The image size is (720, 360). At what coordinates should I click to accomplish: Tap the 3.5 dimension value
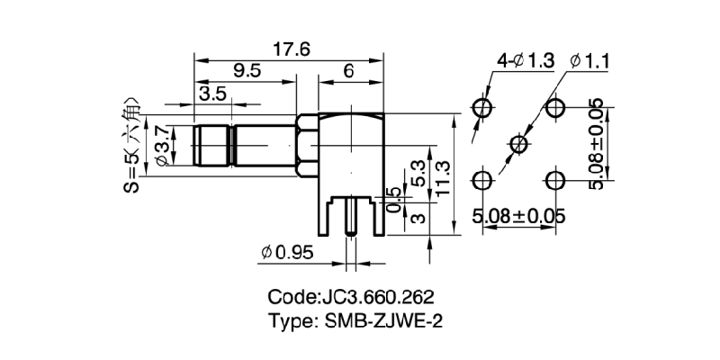[213, 94]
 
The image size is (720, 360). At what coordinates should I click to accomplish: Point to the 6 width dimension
[346, 71]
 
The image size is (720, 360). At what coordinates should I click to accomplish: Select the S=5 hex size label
[132, 145]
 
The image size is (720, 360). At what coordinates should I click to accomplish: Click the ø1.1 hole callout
[590, 60]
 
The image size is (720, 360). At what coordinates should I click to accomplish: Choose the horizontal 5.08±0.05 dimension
[519, 216]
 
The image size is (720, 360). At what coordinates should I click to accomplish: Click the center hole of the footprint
[519, 142]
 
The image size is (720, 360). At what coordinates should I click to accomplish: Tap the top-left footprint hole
[483, 108]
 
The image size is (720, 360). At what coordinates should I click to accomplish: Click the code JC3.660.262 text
[358, 296]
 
